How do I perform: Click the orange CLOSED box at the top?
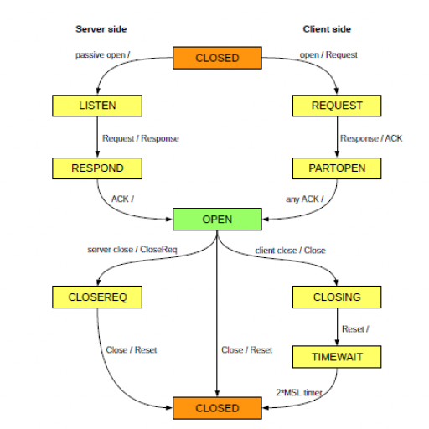pos(217,58)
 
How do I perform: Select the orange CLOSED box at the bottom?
pos(217,408)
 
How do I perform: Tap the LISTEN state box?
pos(97,106)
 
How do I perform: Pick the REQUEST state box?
pos(337,106)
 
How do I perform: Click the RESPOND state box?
pos(97,168)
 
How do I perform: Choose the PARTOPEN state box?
pos(337,168)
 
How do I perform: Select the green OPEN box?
pos(217,220)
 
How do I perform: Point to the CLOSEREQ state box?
pos(97,297)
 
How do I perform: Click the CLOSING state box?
pos(337,297)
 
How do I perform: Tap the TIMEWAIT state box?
pos(337,357)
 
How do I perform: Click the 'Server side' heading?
pos(101,29)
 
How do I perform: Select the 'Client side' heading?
pos(327,29)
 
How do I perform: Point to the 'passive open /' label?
pos(103,55)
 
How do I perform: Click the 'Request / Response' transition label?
pos(141,138)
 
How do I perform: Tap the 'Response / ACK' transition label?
pos(371,138)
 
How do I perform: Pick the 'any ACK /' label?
pos(305,199)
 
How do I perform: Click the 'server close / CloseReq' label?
pos(132,250)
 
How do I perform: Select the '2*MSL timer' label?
pos(299,393)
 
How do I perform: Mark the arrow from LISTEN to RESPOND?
pos(97,137)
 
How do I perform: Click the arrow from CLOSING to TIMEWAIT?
pos(337,327)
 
